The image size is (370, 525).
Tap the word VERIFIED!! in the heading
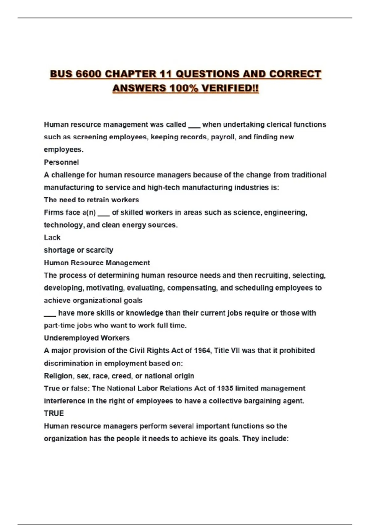[x=230, y=88]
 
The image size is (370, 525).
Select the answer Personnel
[x=61, y=162]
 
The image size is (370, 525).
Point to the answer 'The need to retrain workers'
[x=91, y=200]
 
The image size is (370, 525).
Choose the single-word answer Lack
[x=52, y=237]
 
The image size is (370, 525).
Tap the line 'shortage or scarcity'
[x=78, y=250]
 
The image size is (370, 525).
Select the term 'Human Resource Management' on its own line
[x=97, y=263]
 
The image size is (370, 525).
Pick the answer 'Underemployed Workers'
[x=87, y=338]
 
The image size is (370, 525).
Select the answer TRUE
[x=54, y=414]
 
